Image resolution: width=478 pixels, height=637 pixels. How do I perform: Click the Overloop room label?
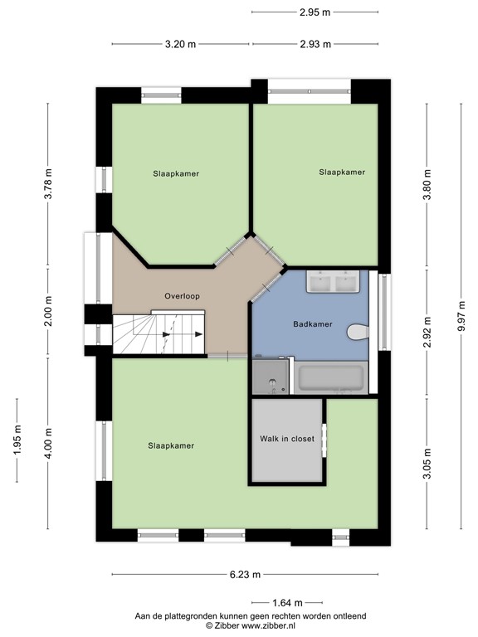pyautogui.click(x=182, y=296)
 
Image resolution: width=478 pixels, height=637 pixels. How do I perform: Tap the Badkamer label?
pyautogui.click(x=314, y=324)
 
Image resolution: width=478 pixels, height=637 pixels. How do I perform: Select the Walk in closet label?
pyautogui.click(x=287, y=439)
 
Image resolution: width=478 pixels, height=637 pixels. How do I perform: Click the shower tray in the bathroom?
pyautogui.click(x=272, y=377)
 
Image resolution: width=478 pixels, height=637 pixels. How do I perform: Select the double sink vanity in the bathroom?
pyautogui.click(x=332, y=282)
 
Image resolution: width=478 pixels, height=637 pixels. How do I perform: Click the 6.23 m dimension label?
pyautogui.click(x=245, y=574)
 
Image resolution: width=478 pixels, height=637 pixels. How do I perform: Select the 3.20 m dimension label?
pyautogui.click(x=181, y=44)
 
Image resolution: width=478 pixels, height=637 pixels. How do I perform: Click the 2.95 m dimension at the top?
pyautogui.click(x=315, y=12)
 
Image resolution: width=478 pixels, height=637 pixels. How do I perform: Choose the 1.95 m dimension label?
pyautogui.click(x=17, y=440)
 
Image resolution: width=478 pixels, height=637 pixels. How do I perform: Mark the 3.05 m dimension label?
pyautogui.click(x=427, y=462)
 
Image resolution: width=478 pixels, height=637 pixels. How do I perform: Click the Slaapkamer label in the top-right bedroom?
pyautogui.click(x=342, y=172)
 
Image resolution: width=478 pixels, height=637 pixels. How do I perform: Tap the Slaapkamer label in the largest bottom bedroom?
pyautogui.click(x=171, y=445)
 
